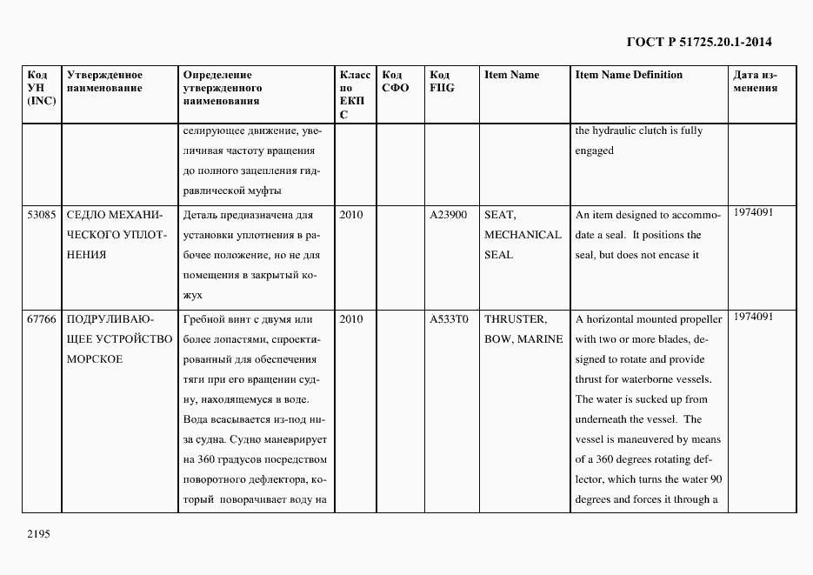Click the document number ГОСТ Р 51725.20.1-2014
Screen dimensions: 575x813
coord(699,42)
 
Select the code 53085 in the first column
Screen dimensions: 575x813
coord(42,215)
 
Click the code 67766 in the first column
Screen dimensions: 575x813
coord(42,319)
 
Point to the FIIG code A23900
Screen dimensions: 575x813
coord(449,215)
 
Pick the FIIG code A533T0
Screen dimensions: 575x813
coord(449,319)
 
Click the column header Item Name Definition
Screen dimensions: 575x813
coord(629,75)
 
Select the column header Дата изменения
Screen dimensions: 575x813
coord(756,81)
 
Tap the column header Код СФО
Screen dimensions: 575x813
coord(396,81)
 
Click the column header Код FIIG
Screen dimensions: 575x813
coord(443,81)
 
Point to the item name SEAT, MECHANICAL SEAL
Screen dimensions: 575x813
coord(523,235)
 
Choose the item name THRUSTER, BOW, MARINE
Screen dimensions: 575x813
coord(523,329)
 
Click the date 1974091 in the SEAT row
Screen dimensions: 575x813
coord(754,212)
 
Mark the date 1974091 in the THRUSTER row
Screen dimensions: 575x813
coord(754,317)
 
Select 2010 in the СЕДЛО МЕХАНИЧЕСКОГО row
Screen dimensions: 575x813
coord(351,215)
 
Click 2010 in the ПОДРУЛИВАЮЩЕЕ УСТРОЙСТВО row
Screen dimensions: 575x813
coord(351,319)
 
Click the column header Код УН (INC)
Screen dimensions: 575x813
coord(42,88)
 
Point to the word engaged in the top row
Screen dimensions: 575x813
coord(595,150)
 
